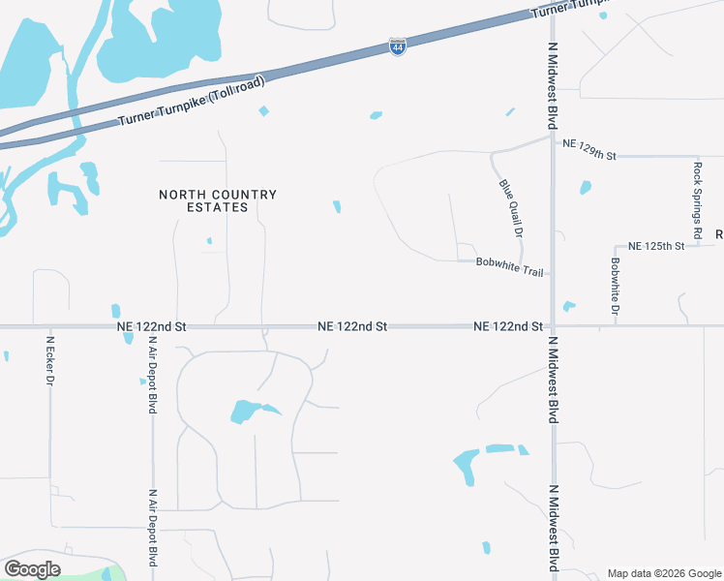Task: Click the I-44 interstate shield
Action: coord(397,46)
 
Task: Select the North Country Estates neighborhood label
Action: coord(218,200)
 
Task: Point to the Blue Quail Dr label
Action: coord(510,208)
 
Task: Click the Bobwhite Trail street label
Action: coord(509,266)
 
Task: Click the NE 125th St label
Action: coord(656,247)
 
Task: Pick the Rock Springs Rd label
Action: coord(697,200)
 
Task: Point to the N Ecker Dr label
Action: coord(50,360)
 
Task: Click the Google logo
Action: coord(32,569)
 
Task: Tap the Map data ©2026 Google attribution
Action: coord(663,573)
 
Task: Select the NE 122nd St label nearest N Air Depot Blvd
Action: coord(150,327)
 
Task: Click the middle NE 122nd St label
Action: coord(352,327)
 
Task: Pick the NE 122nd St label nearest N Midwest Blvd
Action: coord(508,327)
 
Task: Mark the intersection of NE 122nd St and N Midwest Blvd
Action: coord(553,326)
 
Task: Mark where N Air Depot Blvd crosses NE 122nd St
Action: coord(153,327)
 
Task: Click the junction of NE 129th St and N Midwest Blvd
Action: coord(553,138)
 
